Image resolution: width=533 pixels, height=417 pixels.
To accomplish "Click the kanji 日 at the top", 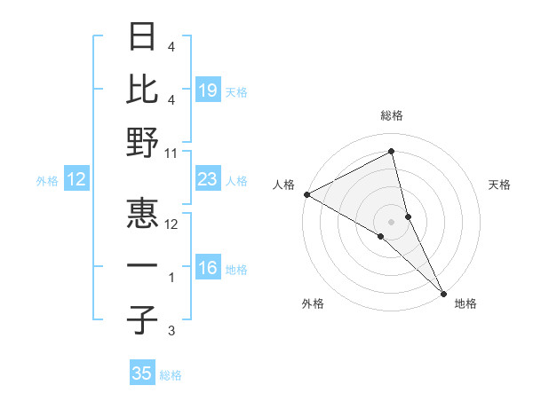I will (142, 37).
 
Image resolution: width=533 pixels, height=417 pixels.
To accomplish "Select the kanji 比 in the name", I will (142, 89).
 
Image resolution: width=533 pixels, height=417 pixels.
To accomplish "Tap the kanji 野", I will (142, 142).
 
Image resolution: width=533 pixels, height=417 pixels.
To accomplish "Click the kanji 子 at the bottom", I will (142, 319).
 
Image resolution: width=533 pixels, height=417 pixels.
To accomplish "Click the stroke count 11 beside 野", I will (171, 153).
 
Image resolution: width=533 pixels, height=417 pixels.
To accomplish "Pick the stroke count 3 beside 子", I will (171, 331).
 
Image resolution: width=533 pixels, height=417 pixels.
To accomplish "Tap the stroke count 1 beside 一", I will (171, 278).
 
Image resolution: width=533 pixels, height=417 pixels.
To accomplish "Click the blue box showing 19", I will (207, 90).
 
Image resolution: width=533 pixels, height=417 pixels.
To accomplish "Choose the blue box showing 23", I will (207, 179).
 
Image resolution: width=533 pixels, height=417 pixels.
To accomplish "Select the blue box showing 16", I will (207, 268).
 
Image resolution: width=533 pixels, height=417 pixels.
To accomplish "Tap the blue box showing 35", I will (142, 374).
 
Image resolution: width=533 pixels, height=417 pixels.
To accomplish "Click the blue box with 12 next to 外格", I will (76, 179).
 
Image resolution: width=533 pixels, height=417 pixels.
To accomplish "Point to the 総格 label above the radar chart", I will (392, 116).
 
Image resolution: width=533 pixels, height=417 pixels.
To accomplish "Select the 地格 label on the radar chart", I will (465, 303).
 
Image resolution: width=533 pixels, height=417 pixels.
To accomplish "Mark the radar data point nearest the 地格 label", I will (443, 291).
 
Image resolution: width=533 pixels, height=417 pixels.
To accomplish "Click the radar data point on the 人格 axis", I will (306, 193).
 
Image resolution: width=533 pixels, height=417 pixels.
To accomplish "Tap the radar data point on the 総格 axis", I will (392, 152).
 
